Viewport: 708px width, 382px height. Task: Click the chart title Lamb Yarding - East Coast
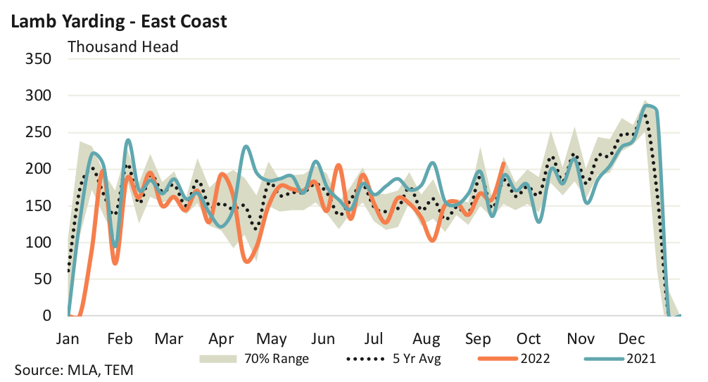118,21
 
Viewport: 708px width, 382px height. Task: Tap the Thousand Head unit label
122,47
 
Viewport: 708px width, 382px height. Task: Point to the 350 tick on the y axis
37,58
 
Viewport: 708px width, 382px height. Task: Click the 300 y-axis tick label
37,95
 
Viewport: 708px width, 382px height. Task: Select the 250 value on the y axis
37,132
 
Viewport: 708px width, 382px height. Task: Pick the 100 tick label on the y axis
37,243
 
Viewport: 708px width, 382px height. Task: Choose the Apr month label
222,338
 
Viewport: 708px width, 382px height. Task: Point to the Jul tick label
374,338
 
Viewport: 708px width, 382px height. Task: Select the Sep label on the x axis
478,338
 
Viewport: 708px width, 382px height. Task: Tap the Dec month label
632,338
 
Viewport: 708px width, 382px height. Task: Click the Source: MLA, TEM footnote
73,370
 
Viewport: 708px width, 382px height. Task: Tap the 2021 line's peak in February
128,141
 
